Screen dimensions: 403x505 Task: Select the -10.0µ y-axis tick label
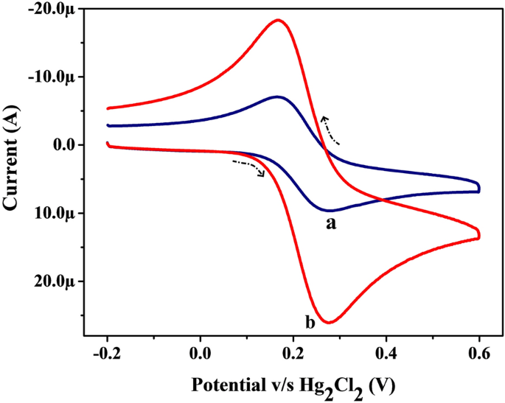point(55,77)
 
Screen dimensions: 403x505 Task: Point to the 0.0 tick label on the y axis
point(65,145)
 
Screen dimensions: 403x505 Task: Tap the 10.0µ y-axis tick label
point(58,213)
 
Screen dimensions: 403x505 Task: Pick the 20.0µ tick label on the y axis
point(58,281)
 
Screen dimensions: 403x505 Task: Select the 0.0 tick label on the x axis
point(200,351)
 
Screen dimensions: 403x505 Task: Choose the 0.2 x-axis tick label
point(293,351)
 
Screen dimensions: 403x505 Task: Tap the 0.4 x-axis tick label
point(386,351)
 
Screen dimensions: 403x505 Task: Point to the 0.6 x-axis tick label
point(478,351)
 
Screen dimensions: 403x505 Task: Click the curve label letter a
point(331,223)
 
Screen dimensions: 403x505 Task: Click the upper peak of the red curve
point(278,20)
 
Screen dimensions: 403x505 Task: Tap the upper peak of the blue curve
point(276,97)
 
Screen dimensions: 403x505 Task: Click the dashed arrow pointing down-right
point(250,167)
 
